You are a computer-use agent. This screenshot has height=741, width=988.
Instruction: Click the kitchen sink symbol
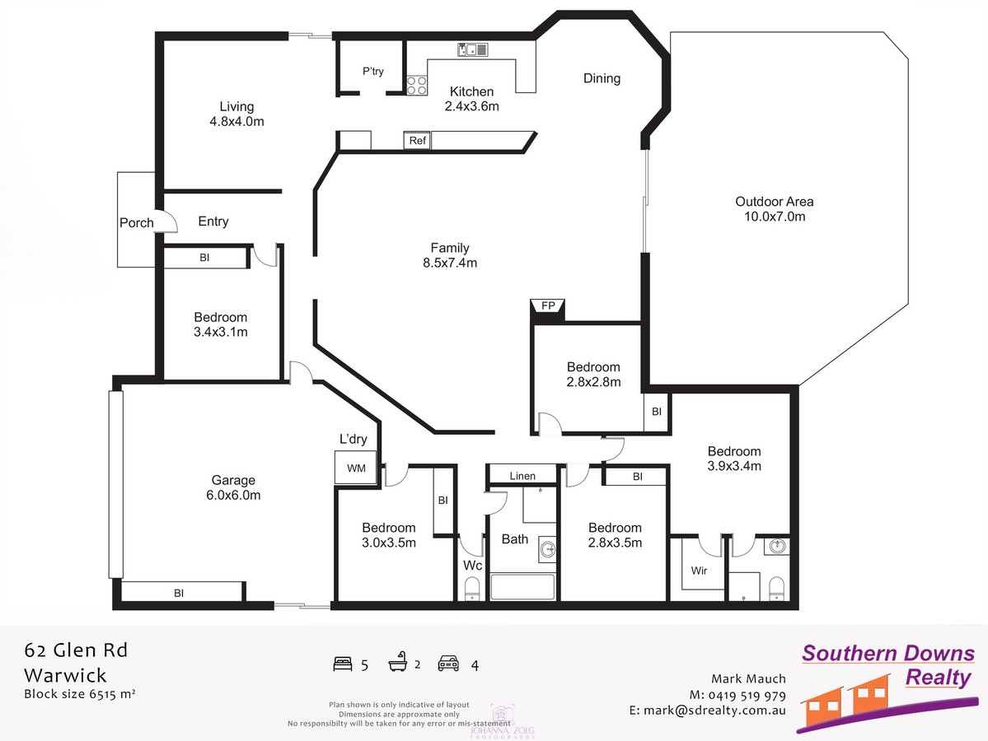tap(472, 50)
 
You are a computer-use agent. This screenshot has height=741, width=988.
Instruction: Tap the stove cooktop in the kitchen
tap(416, 85)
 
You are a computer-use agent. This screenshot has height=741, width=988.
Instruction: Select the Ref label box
tap(417, 141)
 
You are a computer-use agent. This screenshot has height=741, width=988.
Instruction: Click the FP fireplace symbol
tap(546, 306)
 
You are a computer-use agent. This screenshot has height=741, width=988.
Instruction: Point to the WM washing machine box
tap(355, 468)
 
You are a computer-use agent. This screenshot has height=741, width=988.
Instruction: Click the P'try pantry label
tap(373, 72)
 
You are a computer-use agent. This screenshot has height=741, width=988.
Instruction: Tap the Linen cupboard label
tap(522, 476)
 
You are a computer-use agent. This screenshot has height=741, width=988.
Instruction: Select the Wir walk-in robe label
tap(699, 571)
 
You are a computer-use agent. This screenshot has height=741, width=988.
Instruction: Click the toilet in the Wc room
tap(472, 590)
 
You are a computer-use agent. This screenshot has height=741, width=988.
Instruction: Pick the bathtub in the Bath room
tap(522, 589)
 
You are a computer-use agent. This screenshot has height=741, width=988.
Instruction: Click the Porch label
tap(137, 222)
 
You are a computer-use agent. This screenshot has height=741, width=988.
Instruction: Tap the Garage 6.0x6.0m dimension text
tap(233, 496)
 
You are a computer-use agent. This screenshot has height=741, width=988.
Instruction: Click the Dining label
tap(602, 78)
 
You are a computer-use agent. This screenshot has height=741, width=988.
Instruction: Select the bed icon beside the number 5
tap(343, 664)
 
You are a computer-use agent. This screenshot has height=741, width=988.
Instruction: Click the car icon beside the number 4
tap(448, 664)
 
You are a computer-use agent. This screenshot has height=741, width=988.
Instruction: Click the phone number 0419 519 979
tap(746, 695)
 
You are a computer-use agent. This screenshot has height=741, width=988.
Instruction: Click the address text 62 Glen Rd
tap(76, 650)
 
